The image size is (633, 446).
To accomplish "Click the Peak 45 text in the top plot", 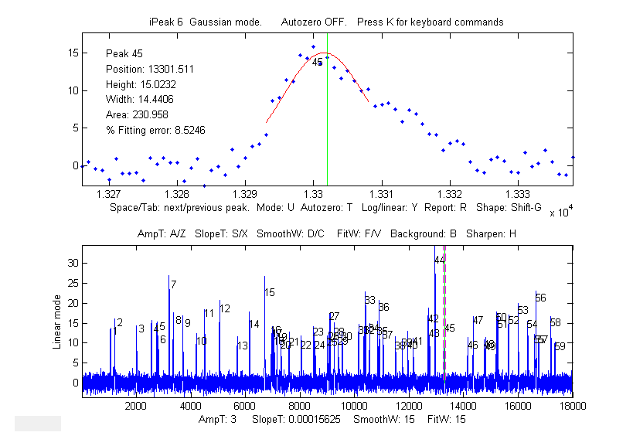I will click(x=123, y=53).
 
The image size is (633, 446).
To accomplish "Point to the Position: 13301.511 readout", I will click(x=150, y=69).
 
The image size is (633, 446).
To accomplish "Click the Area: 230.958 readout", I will click(x=137, y=115).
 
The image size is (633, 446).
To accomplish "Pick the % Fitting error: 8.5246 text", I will click(x=155, y=131).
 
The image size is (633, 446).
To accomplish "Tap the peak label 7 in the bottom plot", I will click(x=174, y=284).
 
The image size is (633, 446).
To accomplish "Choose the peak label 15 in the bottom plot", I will click(x=270, y=292).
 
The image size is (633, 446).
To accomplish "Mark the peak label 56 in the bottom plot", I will click(x=541, y=298).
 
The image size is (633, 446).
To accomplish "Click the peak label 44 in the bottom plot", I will click(x=440, y=260).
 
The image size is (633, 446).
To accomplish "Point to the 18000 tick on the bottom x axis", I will click(x=572, y=405).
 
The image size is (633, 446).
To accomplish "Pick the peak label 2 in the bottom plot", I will click(x=120, y=322).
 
